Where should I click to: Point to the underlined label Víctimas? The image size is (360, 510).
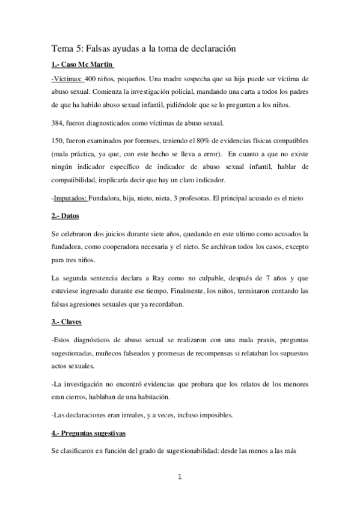point(67,79)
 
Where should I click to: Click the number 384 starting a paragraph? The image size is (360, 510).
point(59,123)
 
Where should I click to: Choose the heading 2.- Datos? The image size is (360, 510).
point(66,215)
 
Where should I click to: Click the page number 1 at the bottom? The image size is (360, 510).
point(180,478)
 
